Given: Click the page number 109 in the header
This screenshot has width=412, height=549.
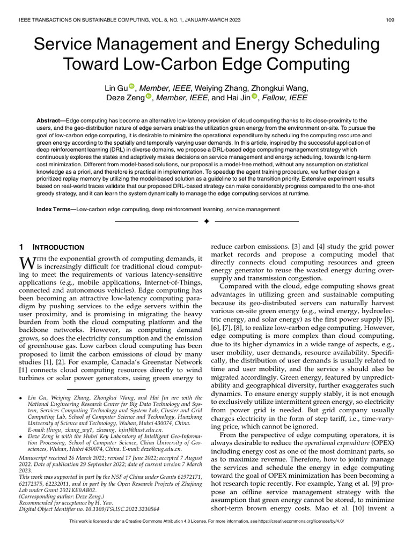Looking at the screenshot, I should coord(391,21).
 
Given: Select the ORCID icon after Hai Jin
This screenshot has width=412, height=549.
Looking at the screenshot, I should coord(254,97).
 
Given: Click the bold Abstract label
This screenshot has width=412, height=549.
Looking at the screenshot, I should coord(52,121).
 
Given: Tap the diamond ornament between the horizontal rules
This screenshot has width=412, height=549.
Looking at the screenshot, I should coord(207,221).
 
